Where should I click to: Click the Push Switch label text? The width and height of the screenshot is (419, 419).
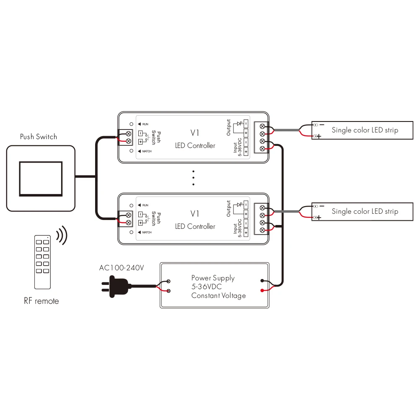point(39,137)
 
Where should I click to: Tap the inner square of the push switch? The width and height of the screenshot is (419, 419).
point(41,179)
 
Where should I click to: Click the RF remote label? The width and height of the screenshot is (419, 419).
point(41,301)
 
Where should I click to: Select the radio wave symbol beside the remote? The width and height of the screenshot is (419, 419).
point(62,235)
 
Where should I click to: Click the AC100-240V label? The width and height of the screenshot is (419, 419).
point(122,268)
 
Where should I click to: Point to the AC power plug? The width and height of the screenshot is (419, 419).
point(116,286)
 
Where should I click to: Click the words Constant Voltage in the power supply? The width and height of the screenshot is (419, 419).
point(219,295)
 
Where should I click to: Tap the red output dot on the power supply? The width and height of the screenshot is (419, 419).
point(262,290)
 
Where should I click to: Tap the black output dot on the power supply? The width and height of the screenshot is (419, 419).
point(262,281)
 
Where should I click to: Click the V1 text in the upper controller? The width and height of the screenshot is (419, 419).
point(194,133)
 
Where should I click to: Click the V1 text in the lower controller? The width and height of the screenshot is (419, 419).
point(194,214)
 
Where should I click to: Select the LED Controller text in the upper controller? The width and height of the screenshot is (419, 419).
point(195,146)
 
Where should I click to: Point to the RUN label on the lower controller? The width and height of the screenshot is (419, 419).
point(145,205)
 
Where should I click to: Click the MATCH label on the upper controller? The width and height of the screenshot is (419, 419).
point(147,151)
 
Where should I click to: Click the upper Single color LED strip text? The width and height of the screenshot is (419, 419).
point(365,130)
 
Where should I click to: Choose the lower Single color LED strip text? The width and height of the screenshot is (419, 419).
point(365,211)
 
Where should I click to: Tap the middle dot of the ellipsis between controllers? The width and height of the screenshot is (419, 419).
point(194,178)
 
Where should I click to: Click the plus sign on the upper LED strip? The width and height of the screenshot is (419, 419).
point(319,136)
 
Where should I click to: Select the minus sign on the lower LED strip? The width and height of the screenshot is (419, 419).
point(322,206)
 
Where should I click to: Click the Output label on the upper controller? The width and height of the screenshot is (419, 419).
point(228,127)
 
